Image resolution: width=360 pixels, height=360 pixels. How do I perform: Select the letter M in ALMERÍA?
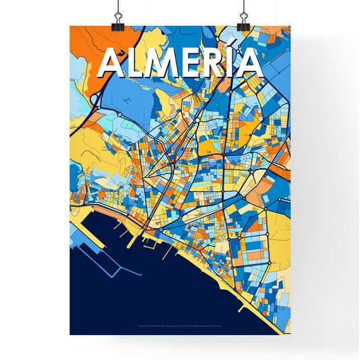click(x=167, y=63)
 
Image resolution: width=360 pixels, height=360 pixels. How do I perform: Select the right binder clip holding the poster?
click(x=244, y=15)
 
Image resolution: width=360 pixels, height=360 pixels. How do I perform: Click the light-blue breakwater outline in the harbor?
click(x=101, y=260)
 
